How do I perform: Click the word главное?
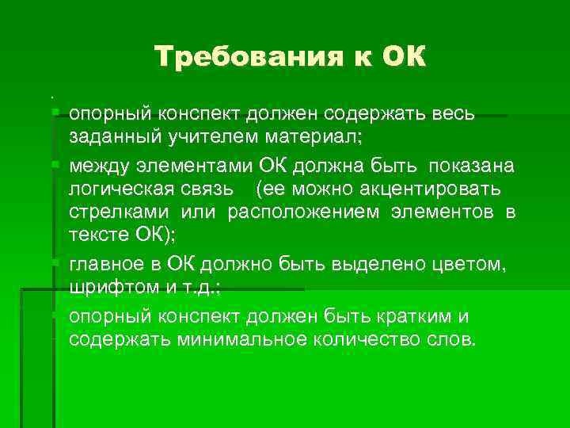pos(106,264)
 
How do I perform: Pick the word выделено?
pos(348,264)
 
